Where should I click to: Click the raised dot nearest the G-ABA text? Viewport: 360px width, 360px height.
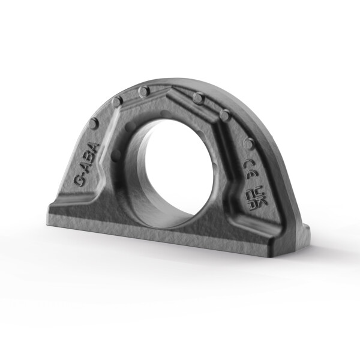94,124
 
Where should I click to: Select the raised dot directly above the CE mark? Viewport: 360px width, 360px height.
249,143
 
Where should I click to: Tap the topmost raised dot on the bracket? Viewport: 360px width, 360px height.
143,92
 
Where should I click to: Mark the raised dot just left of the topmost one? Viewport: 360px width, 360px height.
117,102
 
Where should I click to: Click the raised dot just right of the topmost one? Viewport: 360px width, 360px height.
197,98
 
